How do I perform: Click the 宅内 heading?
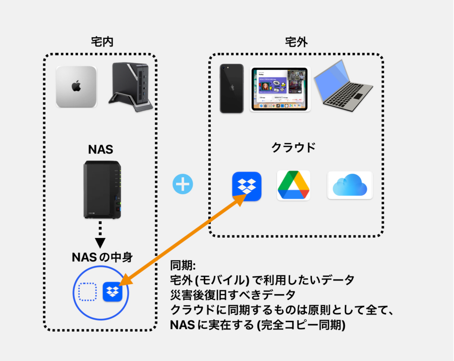pos(102,42)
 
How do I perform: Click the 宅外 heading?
pos(296,42)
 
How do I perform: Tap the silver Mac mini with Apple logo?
pos(76,87)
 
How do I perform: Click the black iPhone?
pos(232,89)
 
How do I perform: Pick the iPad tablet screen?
pos(279,89)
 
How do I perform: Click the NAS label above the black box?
pos(100,149)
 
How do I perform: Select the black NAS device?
pos(102,189)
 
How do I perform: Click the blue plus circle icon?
pos(183,184)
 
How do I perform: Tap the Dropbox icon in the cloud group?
pos(247,186)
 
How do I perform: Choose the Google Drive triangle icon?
pos(294,185)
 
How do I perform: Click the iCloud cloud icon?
pos(350,185)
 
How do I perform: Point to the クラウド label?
pos(294,148)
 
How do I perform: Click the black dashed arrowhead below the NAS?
pos(100,242)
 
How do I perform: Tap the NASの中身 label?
pos(102,257)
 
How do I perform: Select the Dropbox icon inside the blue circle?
pos(112,292)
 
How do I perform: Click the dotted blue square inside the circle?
pos(87,292)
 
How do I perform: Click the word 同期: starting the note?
pos(183,266)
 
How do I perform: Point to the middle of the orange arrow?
pos(183,239)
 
